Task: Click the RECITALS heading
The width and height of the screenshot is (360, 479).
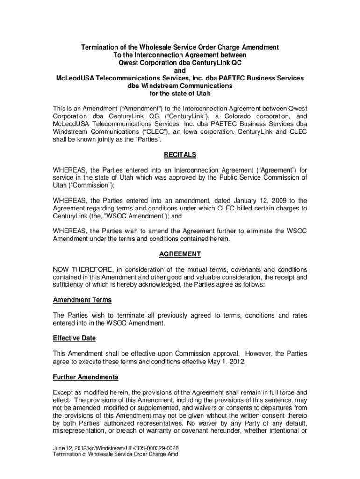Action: pos(180,155)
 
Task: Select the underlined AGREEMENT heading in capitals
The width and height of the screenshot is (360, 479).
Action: pos(180,254)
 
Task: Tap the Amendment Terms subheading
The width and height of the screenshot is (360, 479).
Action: pos(82,300)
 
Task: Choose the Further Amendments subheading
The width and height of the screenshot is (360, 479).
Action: pos(86,377)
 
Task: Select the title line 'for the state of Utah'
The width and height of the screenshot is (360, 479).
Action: pos(180,94)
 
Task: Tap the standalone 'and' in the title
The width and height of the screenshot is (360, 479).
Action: pos(180,70)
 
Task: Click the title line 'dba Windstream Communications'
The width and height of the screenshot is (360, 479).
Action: pos(180,86)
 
